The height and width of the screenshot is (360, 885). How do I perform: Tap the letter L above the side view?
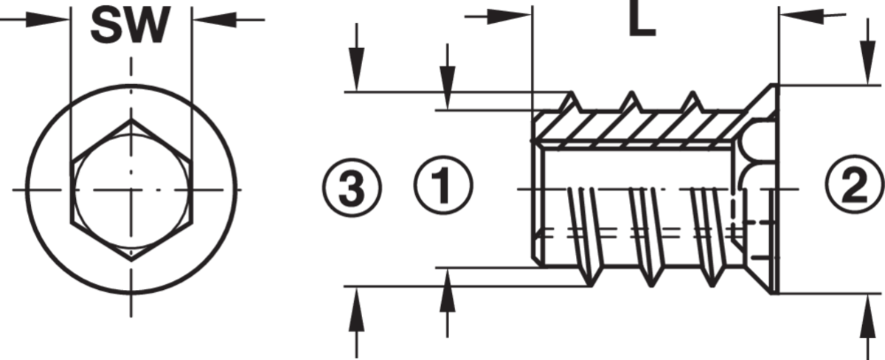pos(642,20)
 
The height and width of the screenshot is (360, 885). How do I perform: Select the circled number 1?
pos(443,185)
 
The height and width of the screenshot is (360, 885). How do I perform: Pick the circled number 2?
pos(854,184)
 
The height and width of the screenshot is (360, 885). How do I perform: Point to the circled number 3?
pos(352,187)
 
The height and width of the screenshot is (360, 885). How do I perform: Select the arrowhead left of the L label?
pos(510,16)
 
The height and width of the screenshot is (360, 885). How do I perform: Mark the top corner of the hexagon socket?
pos(131,120)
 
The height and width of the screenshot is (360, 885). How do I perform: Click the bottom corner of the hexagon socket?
pos(131,260)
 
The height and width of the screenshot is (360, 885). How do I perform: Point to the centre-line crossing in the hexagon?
pos(131,190)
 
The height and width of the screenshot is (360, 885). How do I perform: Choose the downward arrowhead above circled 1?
pos(447,88)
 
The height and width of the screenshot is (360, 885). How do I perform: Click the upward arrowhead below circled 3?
pos(357,308)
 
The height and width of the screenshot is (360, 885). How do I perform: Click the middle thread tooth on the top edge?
pos(632,102)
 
